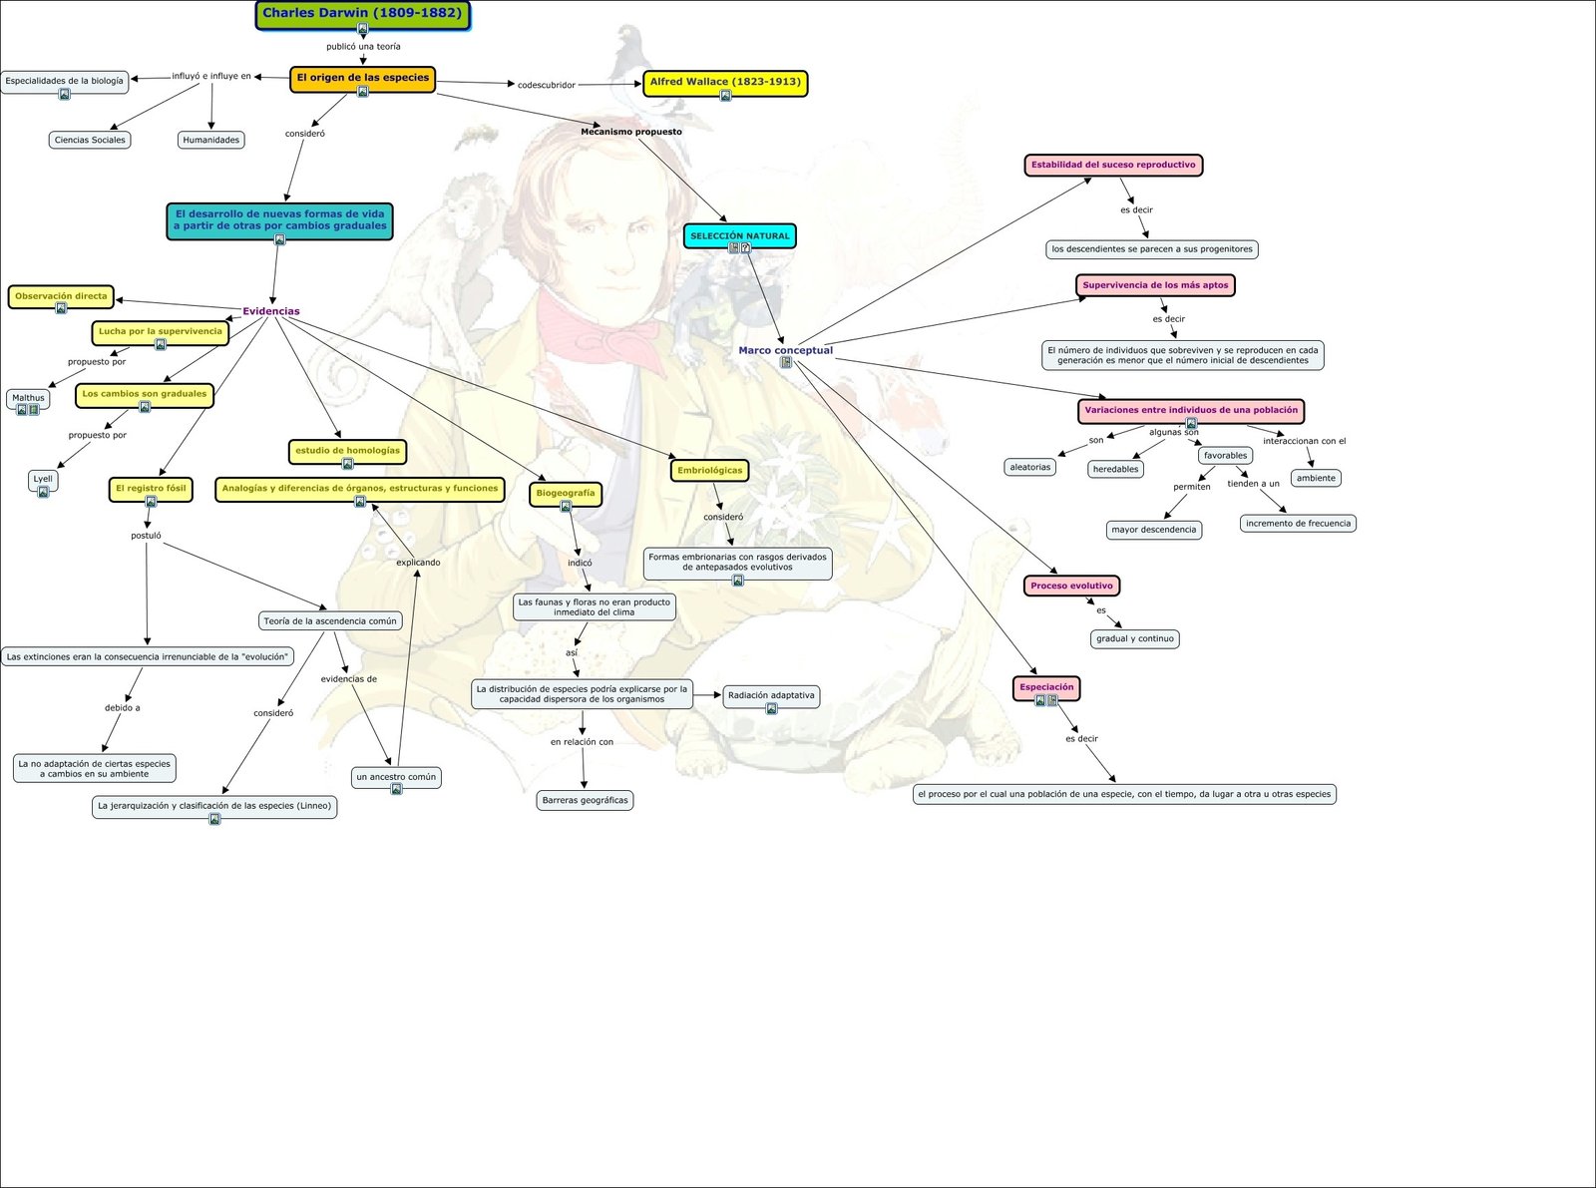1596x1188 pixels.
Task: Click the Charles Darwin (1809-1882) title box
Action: point(362,14)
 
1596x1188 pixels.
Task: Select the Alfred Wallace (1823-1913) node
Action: point(725,82)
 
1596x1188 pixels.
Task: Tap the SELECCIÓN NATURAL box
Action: point(739,235)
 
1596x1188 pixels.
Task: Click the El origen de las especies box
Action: point(362,78)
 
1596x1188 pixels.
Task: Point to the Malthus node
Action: point(28,398)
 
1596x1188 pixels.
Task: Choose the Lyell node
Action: point(43,479)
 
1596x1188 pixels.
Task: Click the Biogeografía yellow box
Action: point(565,493)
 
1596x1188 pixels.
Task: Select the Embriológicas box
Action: point(709,470)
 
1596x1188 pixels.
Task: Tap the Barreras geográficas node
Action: point(585,800)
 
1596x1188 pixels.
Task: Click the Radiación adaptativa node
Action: point(771,695)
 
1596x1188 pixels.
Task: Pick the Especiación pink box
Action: point(1046,687)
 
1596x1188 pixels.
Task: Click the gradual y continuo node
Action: point(1135,638)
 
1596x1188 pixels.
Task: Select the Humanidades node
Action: point(211,140)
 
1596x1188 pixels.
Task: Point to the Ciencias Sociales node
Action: point(90,140)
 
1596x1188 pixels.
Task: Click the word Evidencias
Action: point(271,311)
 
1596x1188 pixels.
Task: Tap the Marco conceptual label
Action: point(785,350)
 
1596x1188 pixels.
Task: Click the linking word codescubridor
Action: point(547,85)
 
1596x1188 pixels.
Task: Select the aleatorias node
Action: point(1030,467)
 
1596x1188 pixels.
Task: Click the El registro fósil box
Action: point(151,489)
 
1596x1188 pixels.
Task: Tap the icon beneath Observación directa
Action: point(61,308)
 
